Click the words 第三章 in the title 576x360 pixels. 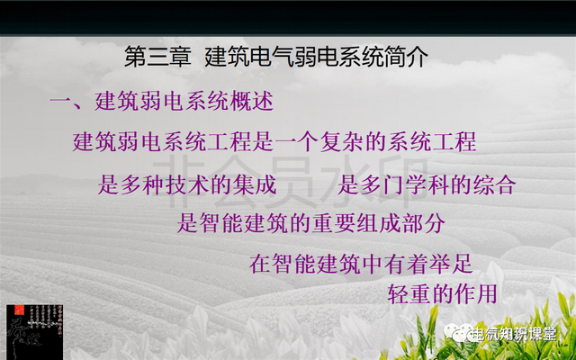click(157, 57)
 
